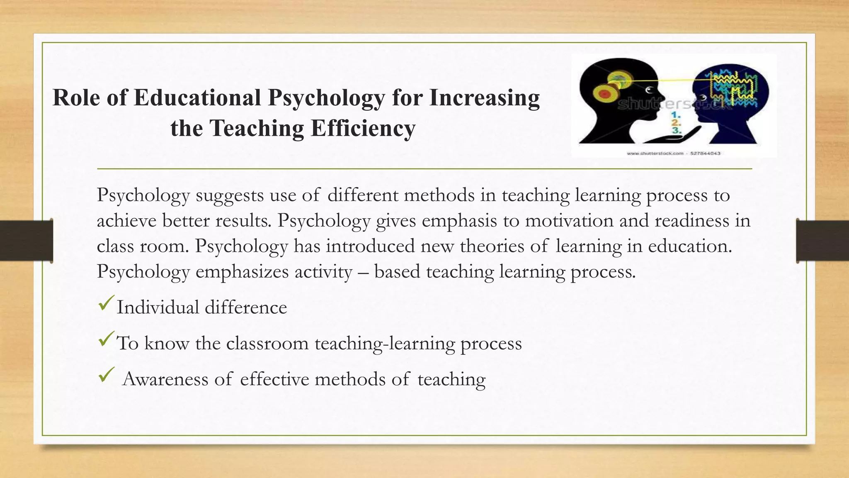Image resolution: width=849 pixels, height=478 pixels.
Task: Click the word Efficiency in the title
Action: [363, 128]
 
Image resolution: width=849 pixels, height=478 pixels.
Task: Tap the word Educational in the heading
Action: [197, 98]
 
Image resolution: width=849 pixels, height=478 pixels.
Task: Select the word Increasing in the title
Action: [484, 98]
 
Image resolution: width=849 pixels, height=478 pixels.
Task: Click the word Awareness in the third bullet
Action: [165, 379]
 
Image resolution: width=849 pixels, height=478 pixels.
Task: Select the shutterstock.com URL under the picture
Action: [655, 154]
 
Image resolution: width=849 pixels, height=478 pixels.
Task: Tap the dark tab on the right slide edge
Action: [822, 241]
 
